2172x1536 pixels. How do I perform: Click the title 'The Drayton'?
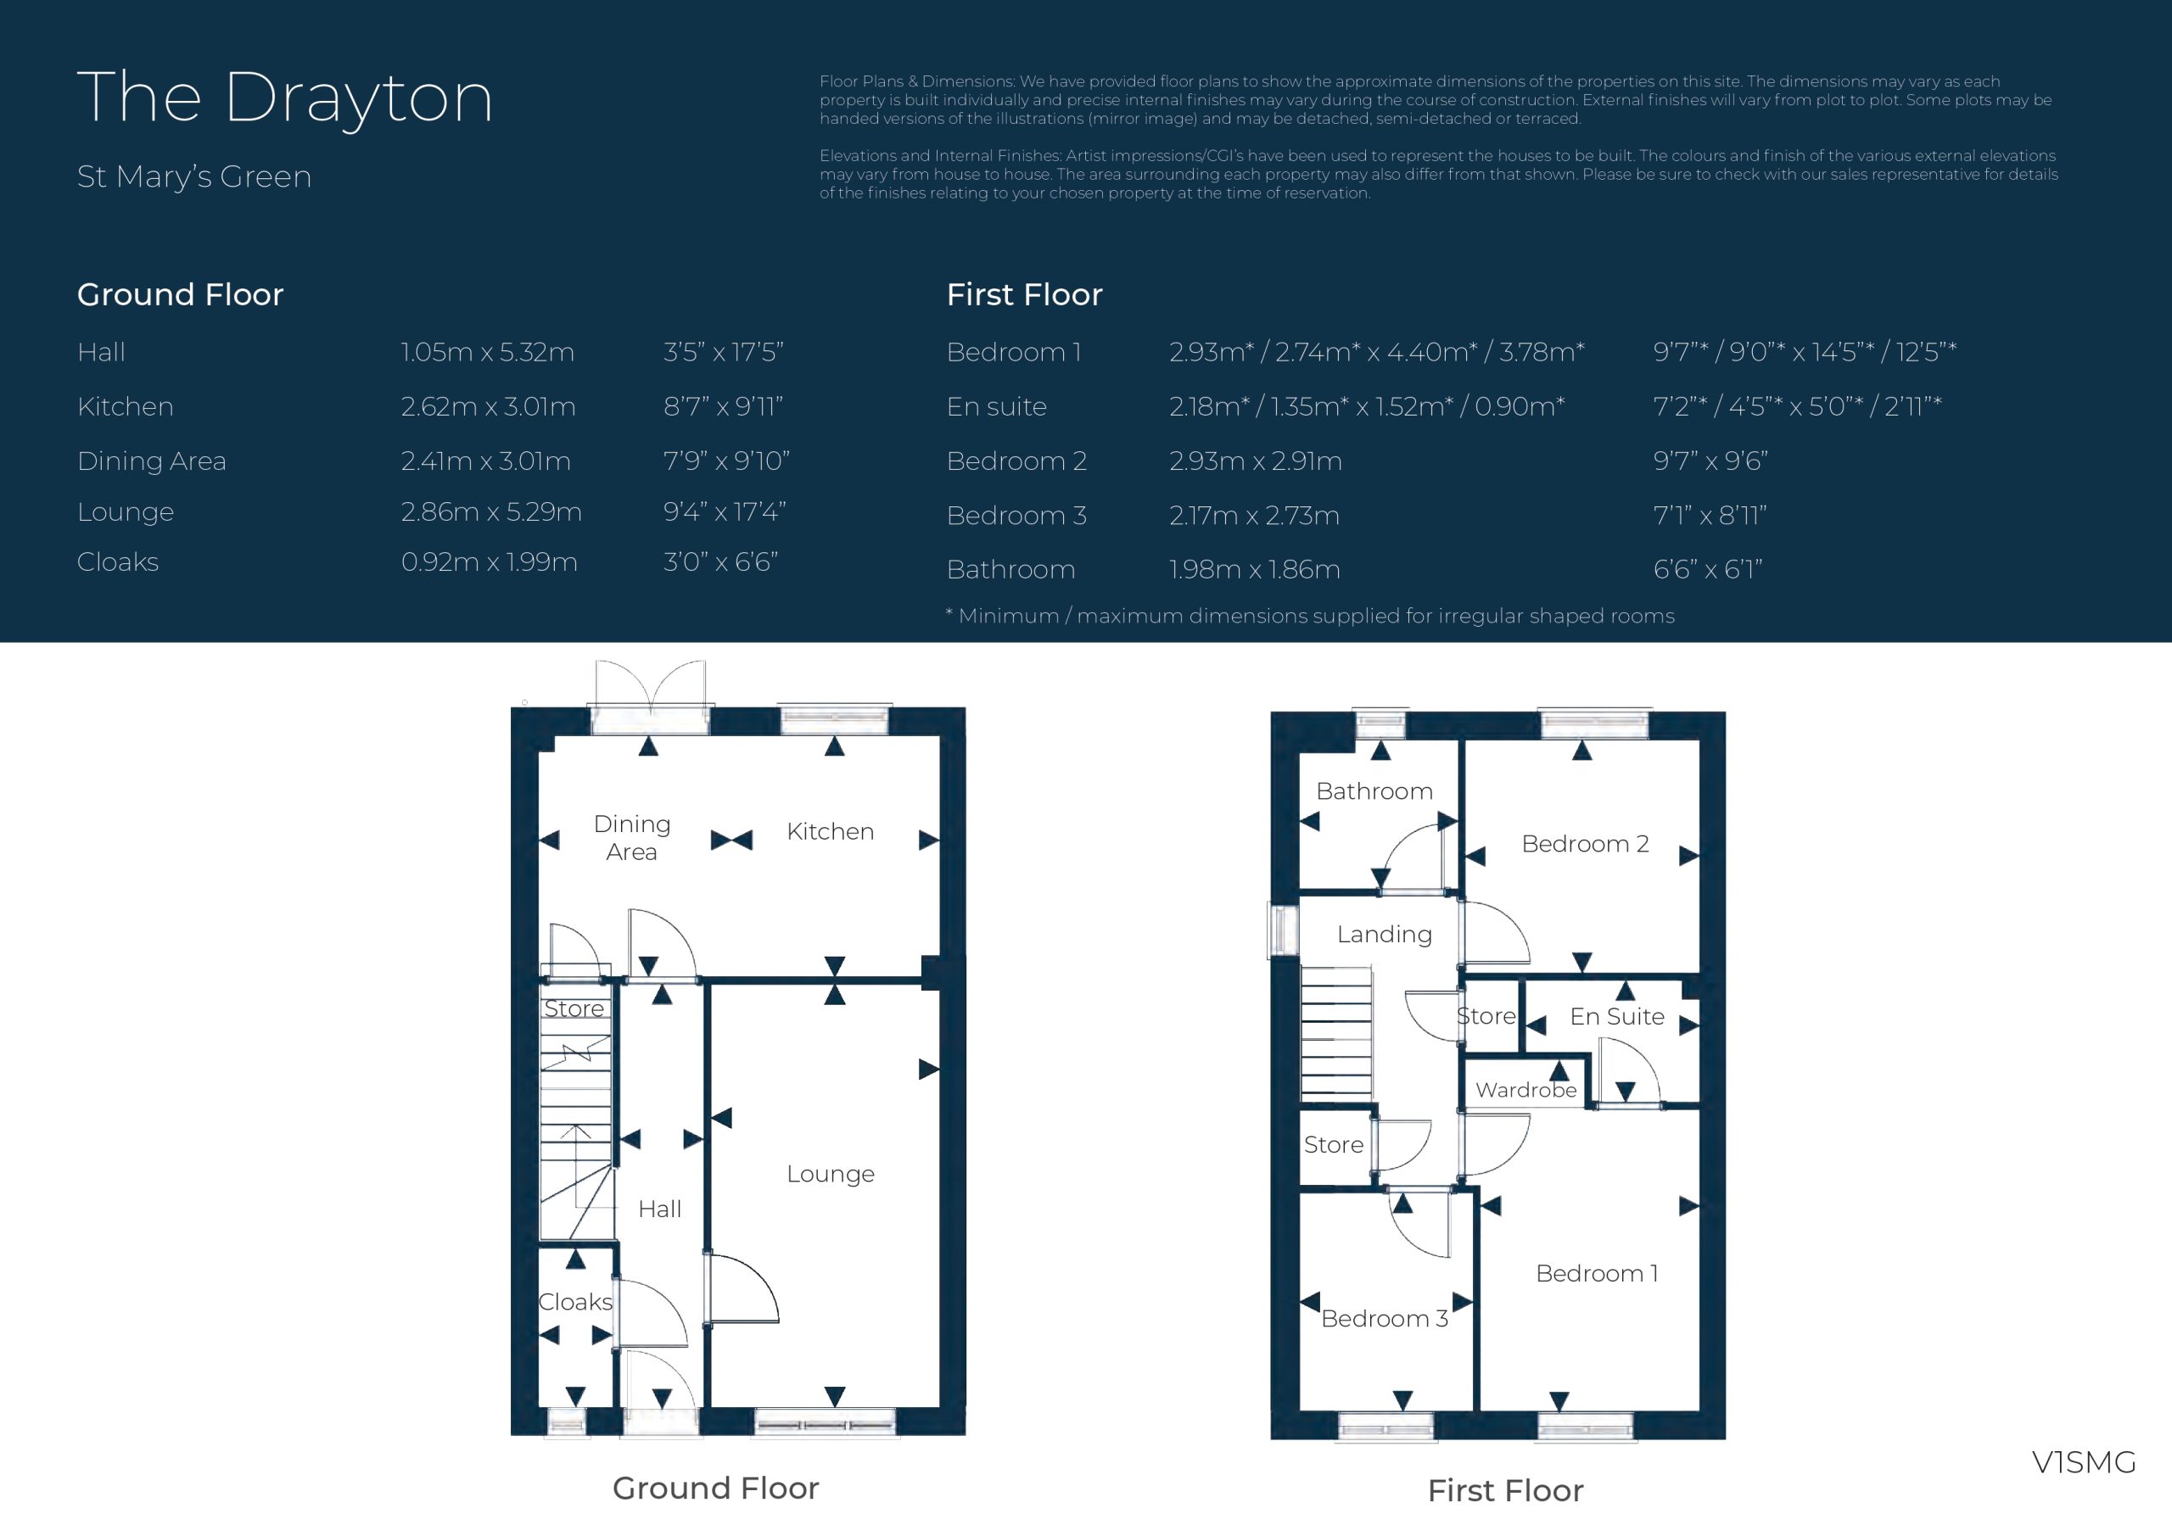click(x=285, y=98)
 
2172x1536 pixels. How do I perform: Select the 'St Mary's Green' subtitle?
click(x=194, y=177)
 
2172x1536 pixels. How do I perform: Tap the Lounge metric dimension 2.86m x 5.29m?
click(x=491, y=511)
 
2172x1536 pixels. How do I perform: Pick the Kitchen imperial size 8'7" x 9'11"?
click(x=724, y=407)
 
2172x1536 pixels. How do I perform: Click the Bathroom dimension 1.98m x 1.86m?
click(x=1254, y=569)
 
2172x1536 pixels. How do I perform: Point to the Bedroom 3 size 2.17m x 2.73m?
click(x=1254, y=516)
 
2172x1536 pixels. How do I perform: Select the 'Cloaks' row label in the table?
click(x=117, y=561)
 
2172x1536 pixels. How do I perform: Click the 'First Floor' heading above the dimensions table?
click(x=1025, y=294)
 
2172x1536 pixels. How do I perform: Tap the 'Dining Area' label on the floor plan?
click(x=632, y=838)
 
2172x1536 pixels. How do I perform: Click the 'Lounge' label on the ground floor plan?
click(x=831, y=1174)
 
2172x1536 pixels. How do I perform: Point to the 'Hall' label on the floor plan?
click(x=659, y=1209)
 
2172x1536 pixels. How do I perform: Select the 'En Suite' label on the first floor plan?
click(x=1617, y=1017)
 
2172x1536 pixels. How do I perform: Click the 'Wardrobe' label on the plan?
click(x=1525, y=1090)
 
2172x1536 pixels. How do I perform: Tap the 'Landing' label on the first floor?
click(x=1384, y=935)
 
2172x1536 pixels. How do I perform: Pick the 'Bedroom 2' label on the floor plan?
click(x=1585, y=844)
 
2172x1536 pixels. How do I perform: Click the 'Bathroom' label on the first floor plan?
click(x=1374, y=790)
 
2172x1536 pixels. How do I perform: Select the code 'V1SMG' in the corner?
click(x=2083, y=1462)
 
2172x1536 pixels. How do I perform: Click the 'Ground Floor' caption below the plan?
click(x=715, y=1488)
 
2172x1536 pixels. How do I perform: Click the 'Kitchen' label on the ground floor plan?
click(x=830, y=831)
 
